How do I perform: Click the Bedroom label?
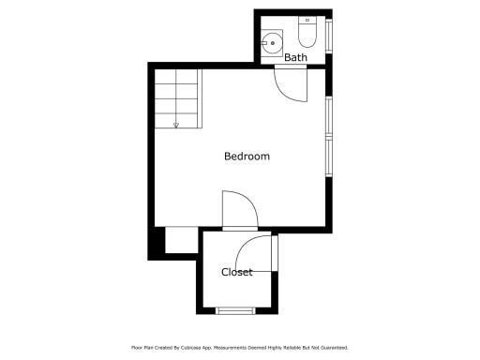(x=247, y=156)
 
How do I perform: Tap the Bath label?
(x=295, y=57)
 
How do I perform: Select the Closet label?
(x=237, y=272)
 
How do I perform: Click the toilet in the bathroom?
(x=307, y=32)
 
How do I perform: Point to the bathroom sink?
(x=272, y=43)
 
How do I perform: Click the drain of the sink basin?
(x=273, y=43)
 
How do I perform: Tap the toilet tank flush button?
(x=307, y=20)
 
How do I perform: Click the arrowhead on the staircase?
(x=176, y=126)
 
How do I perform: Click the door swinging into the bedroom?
(x=240, y=210)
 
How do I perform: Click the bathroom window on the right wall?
(x=329, y=36)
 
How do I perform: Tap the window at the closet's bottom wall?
(x=235, y=310)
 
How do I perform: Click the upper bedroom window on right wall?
(x=329, y=116)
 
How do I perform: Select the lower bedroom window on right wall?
(x=329, y=157)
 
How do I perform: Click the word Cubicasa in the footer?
(x=189, y=348)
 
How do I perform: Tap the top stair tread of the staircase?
(x=176, y=76)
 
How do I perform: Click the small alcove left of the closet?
(x=182, y=240)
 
